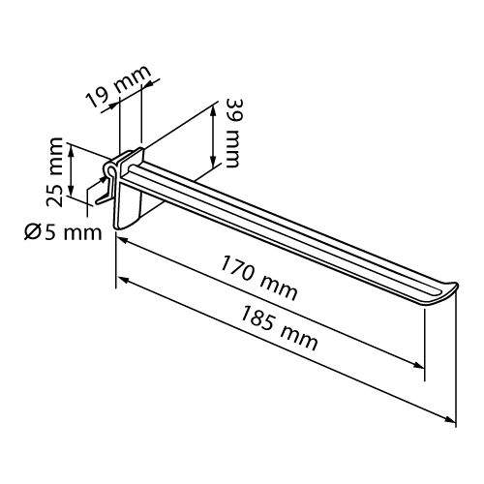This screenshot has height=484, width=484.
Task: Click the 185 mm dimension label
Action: [279, 328]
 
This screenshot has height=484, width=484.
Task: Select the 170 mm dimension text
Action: [258, 278]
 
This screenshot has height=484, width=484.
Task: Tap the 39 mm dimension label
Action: [233, 133]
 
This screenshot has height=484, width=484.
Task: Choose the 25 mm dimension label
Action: [54, 172]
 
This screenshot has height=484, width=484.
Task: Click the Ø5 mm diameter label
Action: [63, 232]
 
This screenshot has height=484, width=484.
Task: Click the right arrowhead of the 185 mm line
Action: [450, 419]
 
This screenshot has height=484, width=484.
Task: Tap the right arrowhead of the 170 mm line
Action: [418, 365]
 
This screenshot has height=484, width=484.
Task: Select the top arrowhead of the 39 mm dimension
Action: [213, 110]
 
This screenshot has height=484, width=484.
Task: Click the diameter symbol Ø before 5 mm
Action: [31, 232]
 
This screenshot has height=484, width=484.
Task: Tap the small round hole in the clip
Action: [109, 169]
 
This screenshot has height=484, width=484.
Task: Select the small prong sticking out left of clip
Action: [103, 199]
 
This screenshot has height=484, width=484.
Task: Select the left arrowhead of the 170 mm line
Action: [123, 241]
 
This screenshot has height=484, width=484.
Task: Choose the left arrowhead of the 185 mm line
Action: [124, 280]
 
